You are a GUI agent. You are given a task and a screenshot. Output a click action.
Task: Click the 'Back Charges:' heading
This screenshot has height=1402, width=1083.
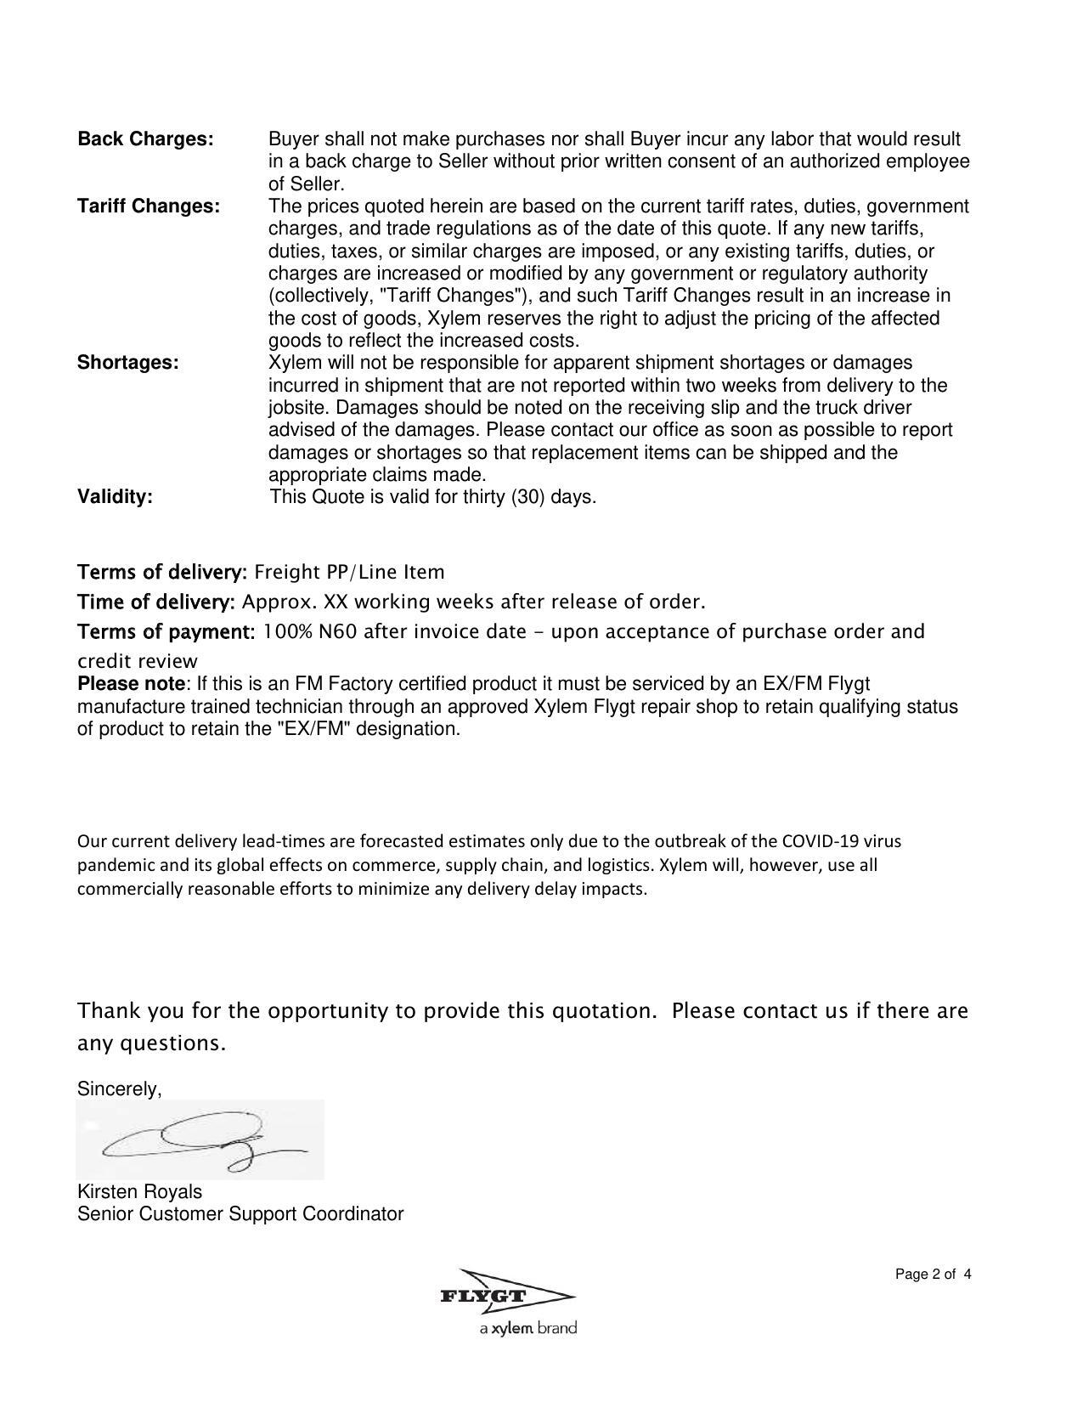145,139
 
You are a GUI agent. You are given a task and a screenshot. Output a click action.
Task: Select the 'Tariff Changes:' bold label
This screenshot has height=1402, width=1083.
149,206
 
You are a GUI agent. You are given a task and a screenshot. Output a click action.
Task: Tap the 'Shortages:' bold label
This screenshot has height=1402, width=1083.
128,363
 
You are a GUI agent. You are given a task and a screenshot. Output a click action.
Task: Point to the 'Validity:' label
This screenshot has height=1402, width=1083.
115,497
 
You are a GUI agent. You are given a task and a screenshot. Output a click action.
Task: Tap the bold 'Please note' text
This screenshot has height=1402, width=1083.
131,684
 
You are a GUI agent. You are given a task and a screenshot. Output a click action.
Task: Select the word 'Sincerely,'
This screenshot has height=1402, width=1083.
119,1088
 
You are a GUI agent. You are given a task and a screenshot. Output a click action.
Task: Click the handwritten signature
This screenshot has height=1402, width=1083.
200,1139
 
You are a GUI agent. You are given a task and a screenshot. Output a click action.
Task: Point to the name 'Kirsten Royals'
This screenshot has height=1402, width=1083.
139,1191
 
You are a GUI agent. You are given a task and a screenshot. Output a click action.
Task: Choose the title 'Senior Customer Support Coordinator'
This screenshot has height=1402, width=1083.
240,1213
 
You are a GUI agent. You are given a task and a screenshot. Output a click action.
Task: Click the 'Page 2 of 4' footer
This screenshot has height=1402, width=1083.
933,1274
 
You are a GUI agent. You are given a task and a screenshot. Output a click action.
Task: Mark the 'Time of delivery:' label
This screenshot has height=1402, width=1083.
156,602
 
